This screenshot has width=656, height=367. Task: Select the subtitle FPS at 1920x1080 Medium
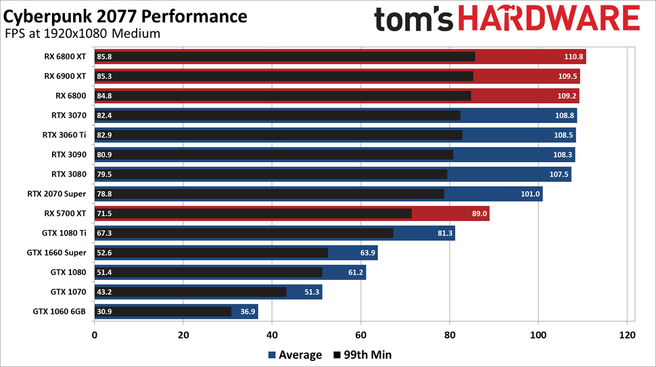83,34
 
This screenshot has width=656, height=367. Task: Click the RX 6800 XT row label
65,57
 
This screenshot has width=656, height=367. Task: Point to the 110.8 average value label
571,57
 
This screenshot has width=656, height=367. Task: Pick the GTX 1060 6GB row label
60,312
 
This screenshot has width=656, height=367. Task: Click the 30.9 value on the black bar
105,312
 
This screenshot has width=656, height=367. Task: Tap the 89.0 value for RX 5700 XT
476,214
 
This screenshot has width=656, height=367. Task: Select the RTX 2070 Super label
57,194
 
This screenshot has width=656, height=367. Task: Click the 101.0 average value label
530,194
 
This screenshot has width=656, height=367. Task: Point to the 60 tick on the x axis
360,335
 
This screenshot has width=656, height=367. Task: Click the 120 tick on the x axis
627,335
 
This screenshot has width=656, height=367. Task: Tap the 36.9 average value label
245,312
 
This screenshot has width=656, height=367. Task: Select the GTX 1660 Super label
57,253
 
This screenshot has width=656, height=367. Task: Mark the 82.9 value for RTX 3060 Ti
105,135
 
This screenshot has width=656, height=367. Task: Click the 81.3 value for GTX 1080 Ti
442,233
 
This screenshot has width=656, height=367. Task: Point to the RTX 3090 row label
68,155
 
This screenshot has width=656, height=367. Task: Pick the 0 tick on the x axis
94,335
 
